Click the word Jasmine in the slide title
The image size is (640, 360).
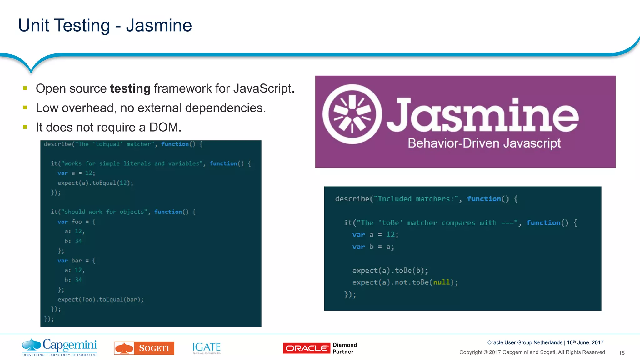point(159,26)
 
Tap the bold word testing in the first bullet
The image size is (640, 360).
point(130,89)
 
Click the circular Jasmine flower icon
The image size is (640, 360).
point(352,114)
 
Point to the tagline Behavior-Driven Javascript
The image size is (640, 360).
point(484,143)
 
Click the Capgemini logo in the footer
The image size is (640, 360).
point(59,347)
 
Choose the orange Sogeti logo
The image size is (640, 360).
point(144,348)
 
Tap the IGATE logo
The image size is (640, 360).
point(207,347)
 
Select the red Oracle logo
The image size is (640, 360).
point(306,348)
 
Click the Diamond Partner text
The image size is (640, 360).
point(345,348)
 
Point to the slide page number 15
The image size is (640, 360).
point(622,353)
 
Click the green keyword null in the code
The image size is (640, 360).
point(441,282)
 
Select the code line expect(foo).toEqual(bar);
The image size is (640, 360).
point(101,300)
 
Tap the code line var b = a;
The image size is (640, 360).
point(373,247)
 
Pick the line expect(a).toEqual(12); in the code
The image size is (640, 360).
point(95,183)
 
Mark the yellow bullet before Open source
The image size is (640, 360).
point(25,88)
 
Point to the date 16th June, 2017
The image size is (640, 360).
point(585,342)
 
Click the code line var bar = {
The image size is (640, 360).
point(76,261)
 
